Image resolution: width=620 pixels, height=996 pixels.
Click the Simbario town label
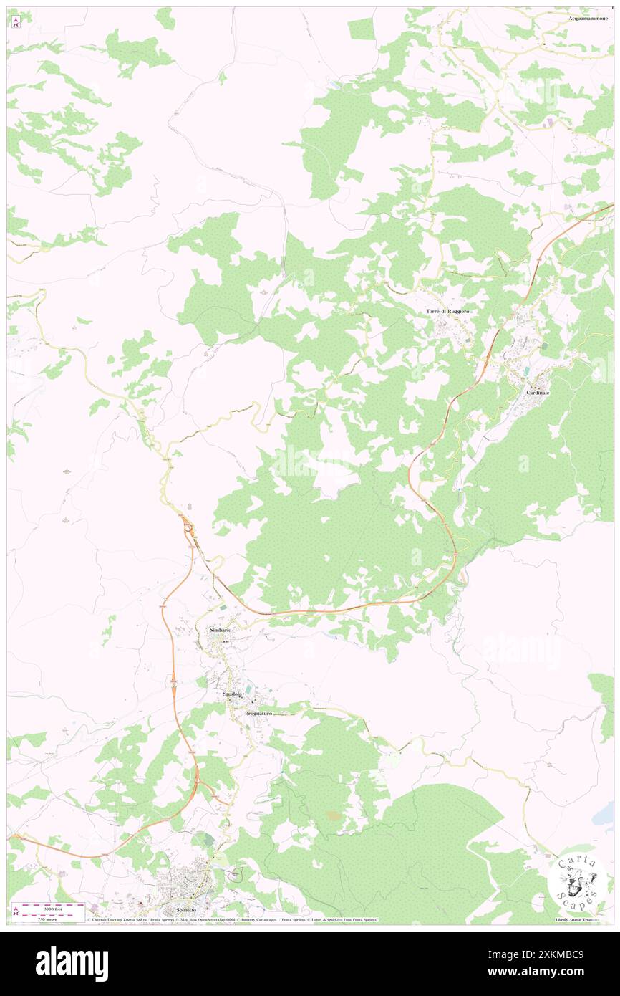coord(220,629)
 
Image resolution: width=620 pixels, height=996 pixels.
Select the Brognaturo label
coord(258,714)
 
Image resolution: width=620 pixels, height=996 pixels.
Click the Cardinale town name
coord(538,393)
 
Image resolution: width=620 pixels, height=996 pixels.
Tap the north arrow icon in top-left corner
coord(16,21)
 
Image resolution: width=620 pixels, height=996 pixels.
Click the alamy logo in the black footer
coord(72,964)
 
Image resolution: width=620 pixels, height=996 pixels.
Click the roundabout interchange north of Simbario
coord(189,531)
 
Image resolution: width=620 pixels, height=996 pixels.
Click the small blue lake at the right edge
coord(607,813)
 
